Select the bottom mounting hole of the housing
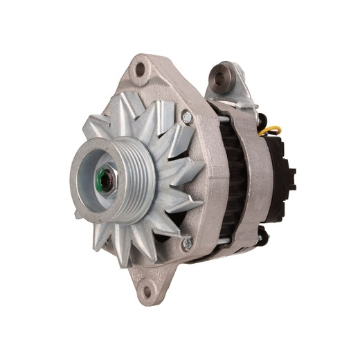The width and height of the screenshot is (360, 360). (x=147, y=291)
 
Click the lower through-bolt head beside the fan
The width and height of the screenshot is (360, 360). (x=186, y=243)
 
